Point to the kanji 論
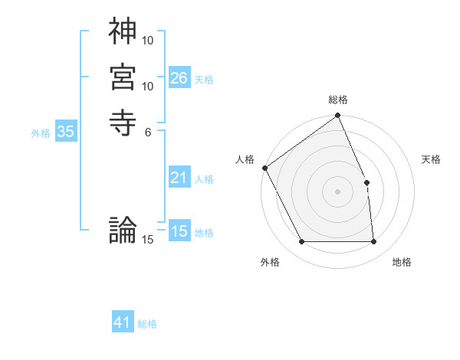pos(123,229)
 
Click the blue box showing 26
pos(179,78)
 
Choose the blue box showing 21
pos(179,178)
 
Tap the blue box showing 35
pos(66,132)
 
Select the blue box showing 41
pos(123,322)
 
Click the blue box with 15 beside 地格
pos(179,231)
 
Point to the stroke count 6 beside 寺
pos(148,132)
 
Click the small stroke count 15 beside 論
pos(148,240)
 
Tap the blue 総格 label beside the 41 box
pos(147,324)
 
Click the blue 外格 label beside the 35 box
pos(41,133)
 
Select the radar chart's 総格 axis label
pos(338,100)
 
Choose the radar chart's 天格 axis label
pos(432,159)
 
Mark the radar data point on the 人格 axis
pos(264,168)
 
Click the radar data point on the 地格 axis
pos(374,242)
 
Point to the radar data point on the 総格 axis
pos(338,116)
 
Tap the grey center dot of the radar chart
pos(338,191)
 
